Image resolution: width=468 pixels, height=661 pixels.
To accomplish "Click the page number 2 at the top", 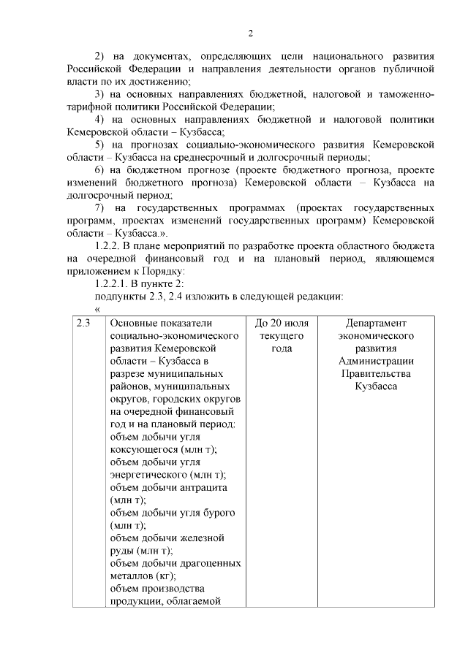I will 250,33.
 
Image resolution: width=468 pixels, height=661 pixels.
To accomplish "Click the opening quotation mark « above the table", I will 98,309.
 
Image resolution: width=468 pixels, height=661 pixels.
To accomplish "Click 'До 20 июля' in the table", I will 282,323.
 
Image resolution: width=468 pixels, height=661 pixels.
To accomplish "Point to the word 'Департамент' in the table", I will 376,323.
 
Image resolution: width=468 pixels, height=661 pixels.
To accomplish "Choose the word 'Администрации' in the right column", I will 376,361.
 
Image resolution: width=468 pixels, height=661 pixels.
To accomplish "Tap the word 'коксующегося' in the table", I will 143,449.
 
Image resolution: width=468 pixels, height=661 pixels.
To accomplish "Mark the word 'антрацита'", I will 206,487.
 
